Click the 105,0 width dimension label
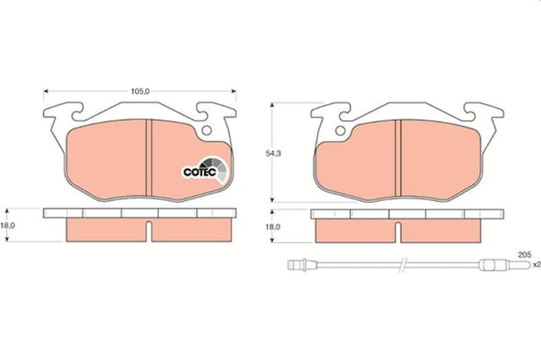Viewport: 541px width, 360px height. click(140, 86)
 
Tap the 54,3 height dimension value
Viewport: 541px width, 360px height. click(270, 154)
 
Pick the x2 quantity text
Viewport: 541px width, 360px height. click(533, 265)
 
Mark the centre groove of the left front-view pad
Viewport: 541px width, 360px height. click(147, 157)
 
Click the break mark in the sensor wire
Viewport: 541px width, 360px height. click(405, 265)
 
